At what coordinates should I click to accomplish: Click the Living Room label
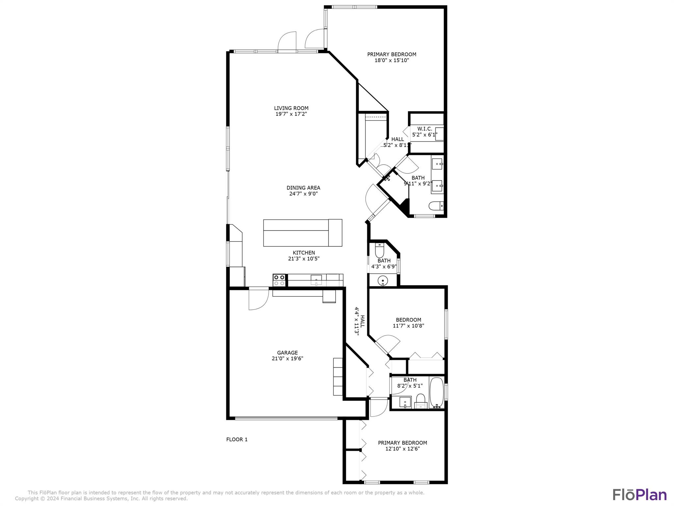tap(291, 108)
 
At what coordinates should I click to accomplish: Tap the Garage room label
tap(287, 353)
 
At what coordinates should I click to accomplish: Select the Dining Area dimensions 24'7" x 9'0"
tap(303, 194)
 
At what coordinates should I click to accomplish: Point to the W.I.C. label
tap(425, 129)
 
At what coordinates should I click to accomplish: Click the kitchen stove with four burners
tap(279, 280)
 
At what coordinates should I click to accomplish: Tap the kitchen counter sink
tap(316, 280)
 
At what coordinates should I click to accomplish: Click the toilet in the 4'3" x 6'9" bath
tap(379, 250)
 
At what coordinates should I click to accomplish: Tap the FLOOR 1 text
tap(237, 439)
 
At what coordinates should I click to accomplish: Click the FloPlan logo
tap(639, 495)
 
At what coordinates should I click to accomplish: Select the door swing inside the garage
tap(259, 299)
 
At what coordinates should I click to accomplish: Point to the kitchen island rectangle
tap(302, 233)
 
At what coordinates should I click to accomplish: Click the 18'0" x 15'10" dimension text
tap(392, 60)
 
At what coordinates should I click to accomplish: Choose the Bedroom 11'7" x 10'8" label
tap(408, 323)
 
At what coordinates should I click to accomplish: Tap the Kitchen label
tap(304, 253)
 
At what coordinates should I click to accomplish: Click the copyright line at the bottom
tap(101, 499)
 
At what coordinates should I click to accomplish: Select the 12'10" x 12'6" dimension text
tap(402, 449)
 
